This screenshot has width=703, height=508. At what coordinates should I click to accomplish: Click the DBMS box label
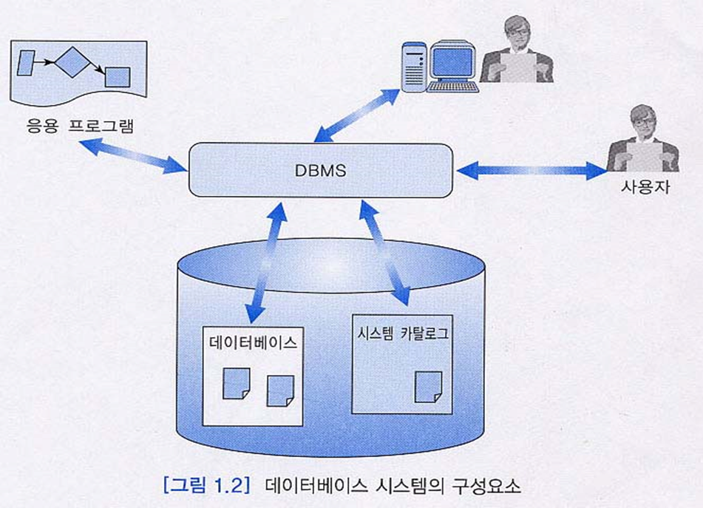[320, 171]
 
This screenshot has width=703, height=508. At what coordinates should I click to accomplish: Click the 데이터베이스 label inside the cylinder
[253, 343]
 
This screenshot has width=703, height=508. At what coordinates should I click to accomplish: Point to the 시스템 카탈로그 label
[402, 333]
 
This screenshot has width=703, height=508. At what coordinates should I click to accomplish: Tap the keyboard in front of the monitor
[451, 86]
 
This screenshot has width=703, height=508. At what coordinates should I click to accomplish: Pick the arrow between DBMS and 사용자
[531, 172]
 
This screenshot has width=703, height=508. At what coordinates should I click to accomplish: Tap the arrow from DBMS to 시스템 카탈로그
[384, 252]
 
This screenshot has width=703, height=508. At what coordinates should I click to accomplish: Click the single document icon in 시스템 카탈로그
[428, 387]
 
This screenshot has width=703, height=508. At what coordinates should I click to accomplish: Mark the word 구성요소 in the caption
[491, 487]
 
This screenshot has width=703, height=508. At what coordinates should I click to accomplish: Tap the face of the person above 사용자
[643, 122]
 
